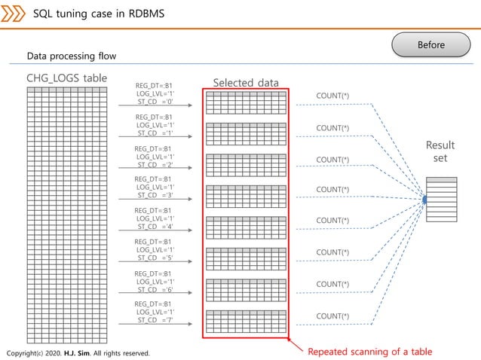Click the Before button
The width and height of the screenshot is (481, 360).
tap(431, 44)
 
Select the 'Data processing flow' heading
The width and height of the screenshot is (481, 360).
tap(72, 56)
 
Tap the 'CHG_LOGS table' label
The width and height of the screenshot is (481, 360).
tap(66, 78)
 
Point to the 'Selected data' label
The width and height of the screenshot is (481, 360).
tap(246, 83)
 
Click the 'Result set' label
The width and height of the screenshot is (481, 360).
tap(440, 151)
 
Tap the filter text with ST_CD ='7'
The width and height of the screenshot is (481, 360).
tap(155, 313)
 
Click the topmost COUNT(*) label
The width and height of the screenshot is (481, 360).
tap(332, 96)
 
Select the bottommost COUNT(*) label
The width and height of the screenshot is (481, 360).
tap(332, 316)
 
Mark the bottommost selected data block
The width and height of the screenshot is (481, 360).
tap(246, 322)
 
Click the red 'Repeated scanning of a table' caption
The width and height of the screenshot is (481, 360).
tap(369, 351)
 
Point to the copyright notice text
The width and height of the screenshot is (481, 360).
tap(78, 353)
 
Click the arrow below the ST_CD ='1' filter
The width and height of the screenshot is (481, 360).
tap(155, 137)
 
